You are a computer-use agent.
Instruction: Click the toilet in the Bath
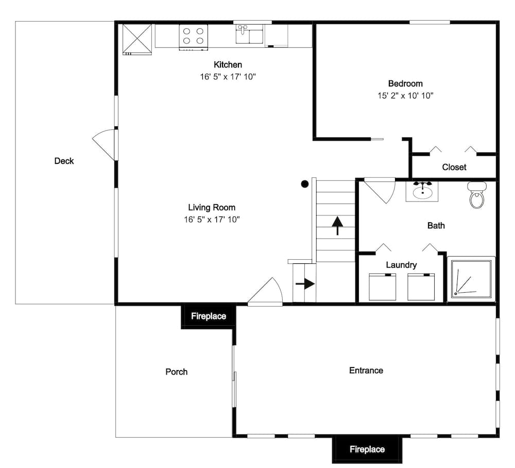(x=476, y=195)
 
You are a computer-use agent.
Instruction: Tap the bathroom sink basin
(x=422, y=193)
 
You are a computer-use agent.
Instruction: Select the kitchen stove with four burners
(x=194, y=37)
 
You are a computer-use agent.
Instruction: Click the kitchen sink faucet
(x=243, y=29)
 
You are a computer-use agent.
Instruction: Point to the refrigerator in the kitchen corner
(x=138, y=39)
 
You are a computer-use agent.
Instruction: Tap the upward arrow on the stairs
(x=337, y=225)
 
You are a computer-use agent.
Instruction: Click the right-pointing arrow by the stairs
(x=305, y=283)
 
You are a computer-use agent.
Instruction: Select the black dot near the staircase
(x=305, y=184)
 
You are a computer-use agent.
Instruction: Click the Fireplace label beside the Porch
(x=209, y=316)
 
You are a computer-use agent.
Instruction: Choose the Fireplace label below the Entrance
(x=367, y=449)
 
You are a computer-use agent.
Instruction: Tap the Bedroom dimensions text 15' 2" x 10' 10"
(x=405, y=96)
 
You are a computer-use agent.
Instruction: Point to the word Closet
(x=454, y=168)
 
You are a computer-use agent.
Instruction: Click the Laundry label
(x=401, y=265)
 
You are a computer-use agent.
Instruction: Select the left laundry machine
(x=382, y=287)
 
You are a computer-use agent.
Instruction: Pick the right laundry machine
(x=421, y=287)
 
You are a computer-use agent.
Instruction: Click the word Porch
(x=176, y=372)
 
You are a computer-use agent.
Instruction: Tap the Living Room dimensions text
(x=212, y=220)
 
